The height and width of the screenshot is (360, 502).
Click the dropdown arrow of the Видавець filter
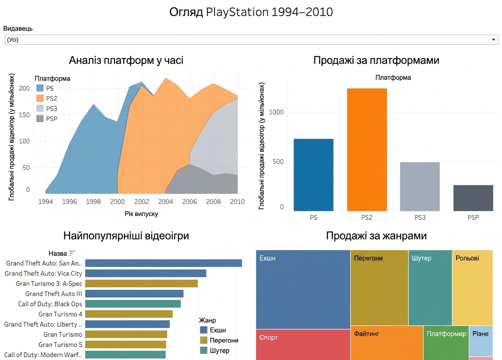pyautogui.click(x=493, y=40)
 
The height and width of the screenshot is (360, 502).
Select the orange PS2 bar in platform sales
pyautogui.click(x=367, y=149)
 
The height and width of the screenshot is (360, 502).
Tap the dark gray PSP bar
pyautogui.click(x=473, y=198)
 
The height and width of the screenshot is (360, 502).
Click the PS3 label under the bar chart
pyautogui.click(x=420, y=218)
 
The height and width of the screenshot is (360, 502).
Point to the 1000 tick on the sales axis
pyautogui.click(x=276, y=112)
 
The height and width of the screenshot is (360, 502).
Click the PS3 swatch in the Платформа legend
pyautogui.click(x=40, y=109)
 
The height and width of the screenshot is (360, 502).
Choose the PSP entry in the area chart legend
pyautogui.click(x=47, y=119)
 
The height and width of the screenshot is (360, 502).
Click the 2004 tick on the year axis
pyautogui.click(x=166, y=202)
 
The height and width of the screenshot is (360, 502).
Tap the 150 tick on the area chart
pyautogui.click(x=24, y=115)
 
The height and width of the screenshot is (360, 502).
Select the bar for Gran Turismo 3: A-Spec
pyautogui.click(x=142, y=284)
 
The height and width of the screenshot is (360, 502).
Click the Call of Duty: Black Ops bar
pyautogui.click(x=133, y=304)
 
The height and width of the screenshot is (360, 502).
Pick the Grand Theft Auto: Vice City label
pyautogui.click(x=43, y=273)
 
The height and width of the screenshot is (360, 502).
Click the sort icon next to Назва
pyautogui.click(x=72, y=253)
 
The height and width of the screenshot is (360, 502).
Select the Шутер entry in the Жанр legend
pyautogui.click(x=215, y=351)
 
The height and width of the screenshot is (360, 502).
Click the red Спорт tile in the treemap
pyautogui.click(x=303, y=345)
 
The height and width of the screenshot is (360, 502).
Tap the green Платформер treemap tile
pyautogui.click(x=446, y=343)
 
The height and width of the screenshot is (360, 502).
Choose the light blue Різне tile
pyautogui.click(x=481, y=341)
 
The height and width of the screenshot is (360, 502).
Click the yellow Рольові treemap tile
pyautogui.click(x=472, y=288)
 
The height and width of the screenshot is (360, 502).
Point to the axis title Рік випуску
pyautogui.click(x=141, y=214)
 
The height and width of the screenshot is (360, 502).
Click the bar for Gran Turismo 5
pyautogui.click(x=125, y=345)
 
